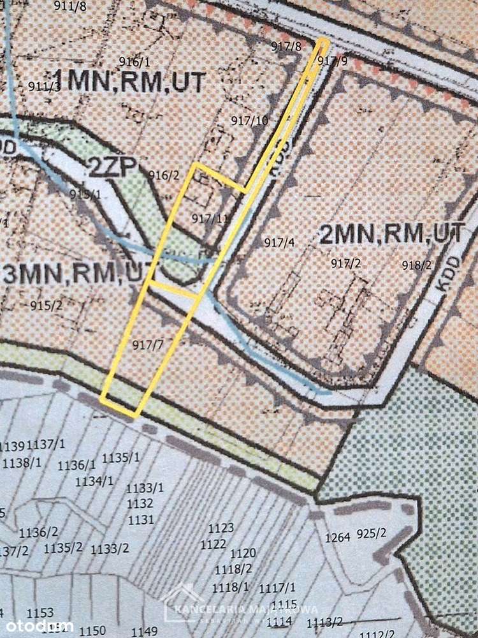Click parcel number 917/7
tap(148, 345)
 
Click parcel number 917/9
tap(332, 61)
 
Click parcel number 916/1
tap(134, 62)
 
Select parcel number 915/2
tap(47, 306)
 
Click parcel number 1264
tap(338, 537)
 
